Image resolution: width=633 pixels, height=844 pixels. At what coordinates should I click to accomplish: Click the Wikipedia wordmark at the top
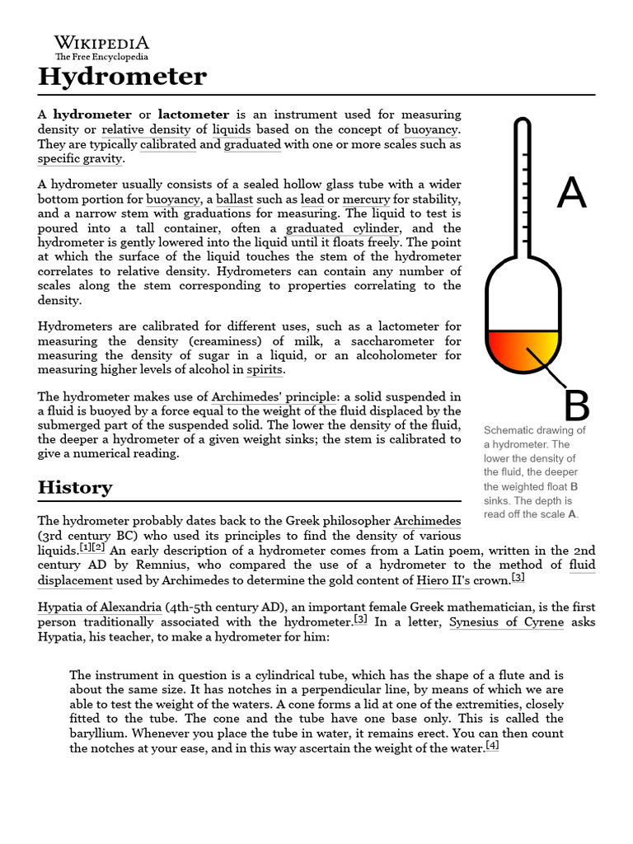101,43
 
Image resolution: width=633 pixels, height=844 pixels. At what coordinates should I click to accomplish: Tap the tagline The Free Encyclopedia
101,57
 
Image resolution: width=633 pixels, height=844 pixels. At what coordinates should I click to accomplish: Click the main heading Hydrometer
122,77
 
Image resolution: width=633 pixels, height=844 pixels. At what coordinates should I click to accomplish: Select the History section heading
75,487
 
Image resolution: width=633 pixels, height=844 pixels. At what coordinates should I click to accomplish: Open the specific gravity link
80,158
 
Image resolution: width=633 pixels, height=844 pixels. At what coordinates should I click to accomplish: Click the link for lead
312,200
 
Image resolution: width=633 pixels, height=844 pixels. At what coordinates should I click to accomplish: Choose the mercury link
365,200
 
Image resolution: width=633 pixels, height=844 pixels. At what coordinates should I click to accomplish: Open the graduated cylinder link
342,228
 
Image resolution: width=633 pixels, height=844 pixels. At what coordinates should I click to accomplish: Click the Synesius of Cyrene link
506,622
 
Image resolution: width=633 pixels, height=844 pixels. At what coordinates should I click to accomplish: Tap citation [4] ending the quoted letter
492,746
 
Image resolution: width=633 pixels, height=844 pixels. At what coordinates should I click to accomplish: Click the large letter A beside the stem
571,193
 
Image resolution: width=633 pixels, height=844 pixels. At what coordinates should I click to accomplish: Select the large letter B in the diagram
576,406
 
